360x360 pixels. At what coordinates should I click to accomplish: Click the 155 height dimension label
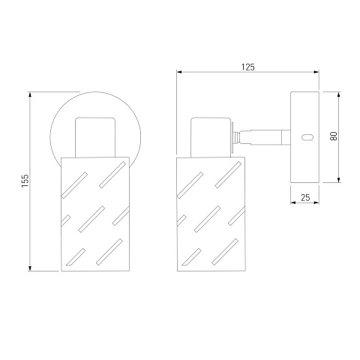click(25, 181)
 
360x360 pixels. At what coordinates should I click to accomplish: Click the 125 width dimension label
click(247, 67)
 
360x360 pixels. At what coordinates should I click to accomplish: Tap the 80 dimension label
click(334, 136)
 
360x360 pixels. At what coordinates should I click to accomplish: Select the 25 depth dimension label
click(305, 198)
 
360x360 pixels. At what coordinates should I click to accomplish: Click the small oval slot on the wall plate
click(307, 137)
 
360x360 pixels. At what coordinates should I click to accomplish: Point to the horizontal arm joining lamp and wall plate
click(265, 137)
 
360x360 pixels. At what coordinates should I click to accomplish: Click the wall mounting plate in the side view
click(304, 137)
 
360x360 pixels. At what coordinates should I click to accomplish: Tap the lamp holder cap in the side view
click(211, 137)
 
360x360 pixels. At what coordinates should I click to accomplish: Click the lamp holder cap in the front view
click(95, 137)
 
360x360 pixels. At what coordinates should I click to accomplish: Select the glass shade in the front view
click(95, 214)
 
